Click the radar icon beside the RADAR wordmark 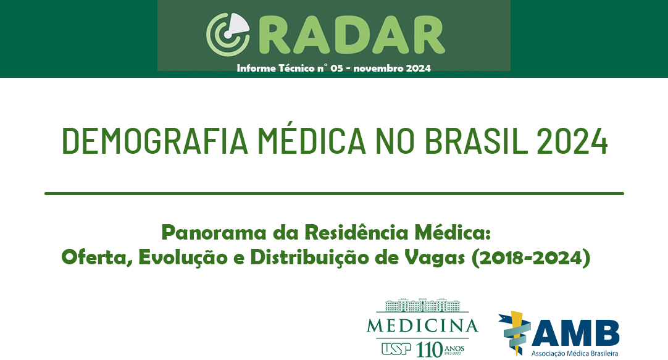227,35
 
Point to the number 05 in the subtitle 336,68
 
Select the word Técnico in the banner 296,68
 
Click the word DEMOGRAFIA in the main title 155,141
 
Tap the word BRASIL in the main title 476,141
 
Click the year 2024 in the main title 572,141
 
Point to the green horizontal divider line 334,193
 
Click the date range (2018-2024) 531,257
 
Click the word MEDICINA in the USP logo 422,326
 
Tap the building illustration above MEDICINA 422,306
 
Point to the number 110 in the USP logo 429,350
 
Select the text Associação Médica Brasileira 575,353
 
